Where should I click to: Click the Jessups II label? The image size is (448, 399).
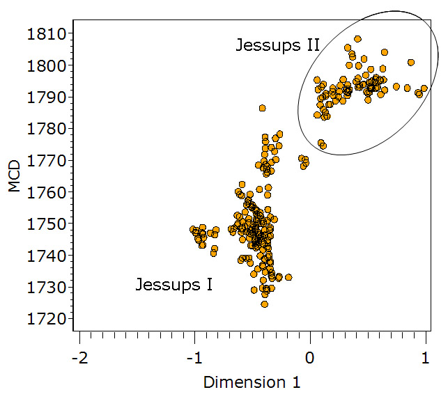point(277,46)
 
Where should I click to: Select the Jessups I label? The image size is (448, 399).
point(173,285)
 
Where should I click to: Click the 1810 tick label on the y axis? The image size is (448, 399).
point(47,34)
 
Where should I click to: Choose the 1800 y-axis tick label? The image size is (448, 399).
point(47,65)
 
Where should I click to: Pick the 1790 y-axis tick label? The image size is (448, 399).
point(47,97)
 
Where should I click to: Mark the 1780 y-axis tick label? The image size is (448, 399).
point(47,129)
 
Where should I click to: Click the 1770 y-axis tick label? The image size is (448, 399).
point(47,160)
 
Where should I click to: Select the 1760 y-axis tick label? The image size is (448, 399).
point(47,192)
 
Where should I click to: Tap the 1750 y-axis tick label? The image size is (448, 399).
point(47,224)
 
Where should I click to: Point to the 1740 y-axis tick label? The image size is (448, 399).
point(47,256)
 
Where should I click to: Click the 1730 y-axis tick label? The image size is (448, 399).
point(47,287)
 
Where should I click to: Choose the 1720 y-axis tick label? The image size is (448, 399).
point(47,319)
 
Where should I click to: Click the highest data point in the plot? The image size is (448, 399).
point(357,39)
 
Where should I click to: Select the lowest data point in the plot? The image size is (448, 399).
point(264,304)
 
